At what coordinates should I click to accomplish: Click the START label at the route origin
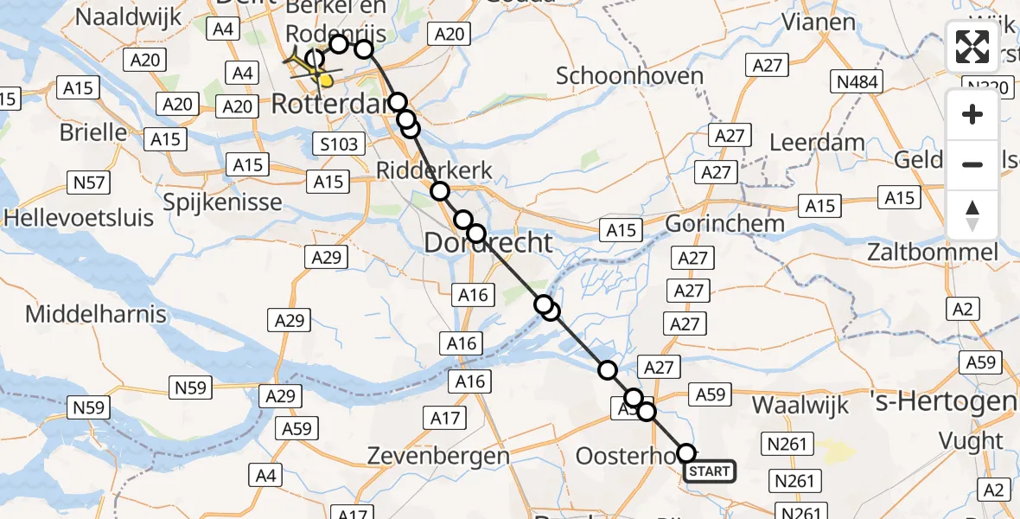710,471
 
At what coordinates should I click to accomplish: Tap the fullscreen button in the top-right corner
972,47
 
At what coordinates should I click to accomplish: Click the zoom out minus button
972,164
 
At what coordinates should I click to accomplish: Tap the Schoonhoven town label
629,76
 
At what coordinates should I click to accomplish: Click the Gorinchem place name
724,223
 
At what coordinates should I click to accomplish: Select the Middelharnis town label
95,313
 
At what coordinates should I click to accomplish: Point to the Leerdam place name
817,142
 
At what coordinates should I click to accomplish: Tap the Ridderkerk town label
435,171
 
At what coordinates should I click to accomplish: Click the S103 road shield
339,144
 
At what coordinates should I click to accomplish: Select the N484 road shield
855,83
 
